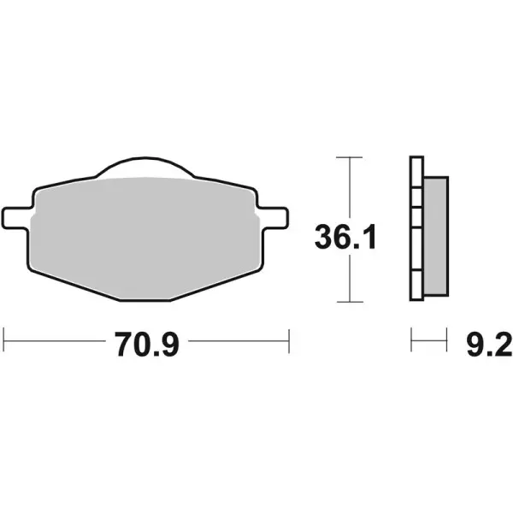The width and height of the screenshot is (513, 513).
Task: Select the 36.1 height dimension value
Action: click(x=345, y=239)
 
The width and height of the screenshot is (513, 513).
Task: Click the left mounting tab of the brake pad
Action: click(x=16, y=216)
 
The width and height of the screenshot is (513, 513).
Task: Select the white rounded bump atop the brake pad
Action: click(x=144, y=168)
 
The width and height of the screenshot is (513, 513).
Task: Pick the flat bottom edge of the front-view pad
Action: click(x=144, y=299)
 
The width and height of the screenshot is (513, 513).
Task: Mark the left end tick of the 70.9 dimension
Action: click(x=4, y=339)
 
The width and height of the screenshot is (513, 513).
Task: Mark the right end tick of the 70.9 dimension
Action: click(x=291, y=339)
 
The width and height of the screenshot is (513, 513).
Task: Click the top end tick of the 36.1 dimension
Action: click(x=345, y=158)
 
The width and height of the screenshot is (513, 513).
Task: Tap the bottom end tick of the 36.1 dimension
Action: click(x=345, y=302)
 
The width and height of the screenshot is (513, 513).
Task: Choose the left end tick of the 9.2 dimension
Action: click(x=411, y=339)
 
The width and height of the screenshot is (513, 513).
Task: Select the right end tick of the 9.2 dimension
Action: click(x=447, y=339)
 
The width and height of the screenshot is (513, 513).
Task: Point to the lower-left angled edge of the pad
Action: click(x=73, y=284)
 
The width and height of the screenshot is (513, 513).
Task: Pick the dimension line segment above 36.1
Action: click(x=345, y=188)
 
